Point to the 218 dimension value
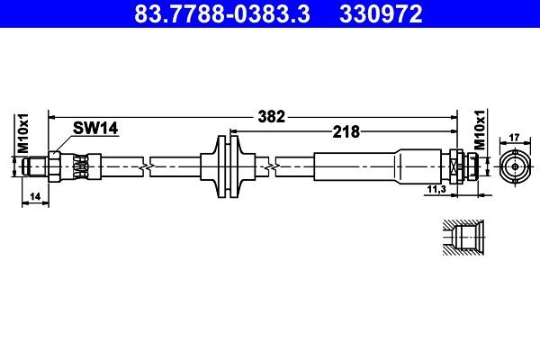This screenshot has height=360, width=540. [345, 131]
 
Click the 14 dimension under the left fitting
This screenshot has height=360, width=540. [34, 195]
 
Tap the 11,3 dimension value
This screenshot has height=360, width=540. [436, 190]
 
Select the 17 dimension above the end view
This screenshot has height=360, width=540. [514, 138]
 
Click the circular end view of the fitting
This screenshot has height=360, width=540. [514, 166]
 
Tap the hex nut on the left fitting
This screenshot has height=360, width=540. [55, 166]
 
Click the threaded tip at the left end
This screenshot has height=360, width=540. [35, 166]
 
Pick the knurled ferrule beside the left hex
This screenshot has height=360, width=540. [81, 166]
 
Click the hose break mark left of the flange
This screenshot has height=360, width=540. [146, 166]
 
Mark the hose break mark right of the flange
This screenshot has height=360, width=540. [269, 166]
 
